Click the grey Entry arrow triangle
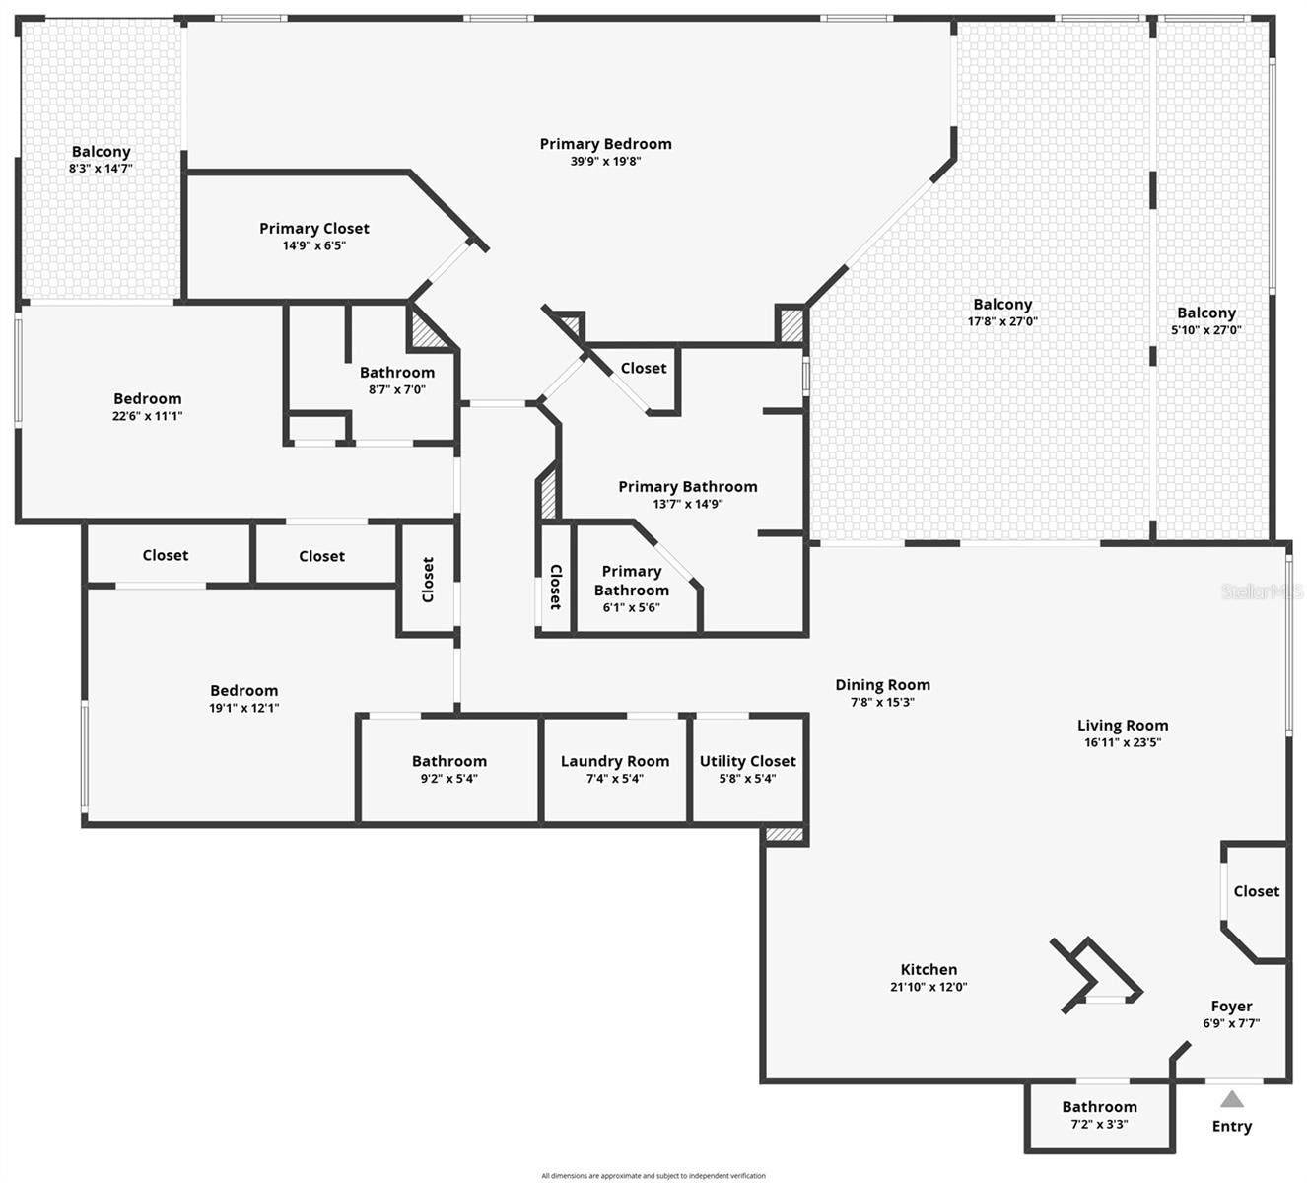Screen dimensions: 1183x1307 point(1231,1099)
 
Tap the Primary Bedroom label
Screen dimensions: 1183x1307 point(605,144)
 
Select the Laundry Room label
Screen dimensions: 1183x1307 point(614,761)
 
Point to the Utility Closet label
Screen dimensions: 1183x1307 point(747,761)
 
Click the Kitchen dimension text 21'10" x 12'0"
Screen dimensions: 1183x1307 point(929,987)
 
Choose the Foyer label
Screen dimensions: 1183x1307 point(1231,1007)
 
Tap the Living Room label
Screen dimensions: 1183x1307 point(1123,726)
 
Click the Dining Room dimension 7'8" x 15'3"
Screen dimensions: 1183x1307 point(882,702)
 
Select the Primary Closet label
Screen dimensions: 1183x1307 point(314,229)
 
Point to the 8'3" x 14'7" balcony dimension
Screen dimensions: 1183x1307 point(101,169)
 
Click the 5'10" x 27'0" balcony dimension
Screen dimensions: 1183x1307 point(1205,330)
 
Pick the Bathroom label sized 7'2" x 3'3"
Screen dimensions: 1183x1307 point(1099,1107)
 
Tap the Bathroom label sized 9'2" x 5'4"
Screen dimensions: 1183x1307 point(448,761)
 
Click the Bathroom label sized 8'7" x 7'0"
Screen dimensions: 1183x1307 point(396,373)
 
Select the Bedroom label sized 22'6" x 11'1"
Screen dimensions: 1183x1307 point(147,399)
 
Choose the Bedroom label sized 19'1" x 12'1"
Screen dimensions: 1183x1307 point(243,691)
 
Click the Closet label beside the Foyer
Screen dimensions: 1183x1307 point(1256,891)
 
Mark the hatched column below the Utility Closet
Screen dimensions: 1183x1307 point(785,835)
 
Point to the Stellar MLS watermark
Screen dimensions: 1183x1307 point(1262,591)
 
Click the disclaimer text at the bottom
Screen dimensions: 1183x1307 point(653,1175)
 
